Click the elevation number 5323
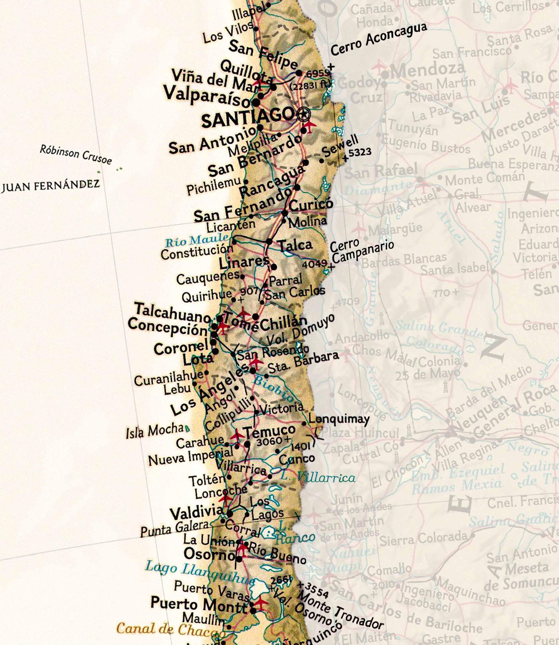click(360, 152)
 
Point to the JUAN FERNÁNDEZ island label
click(51, 185)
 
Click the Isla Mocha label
click(155, 431)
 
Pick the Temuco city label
click(270, 431)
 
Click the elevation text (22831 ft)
click(310, 85)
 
